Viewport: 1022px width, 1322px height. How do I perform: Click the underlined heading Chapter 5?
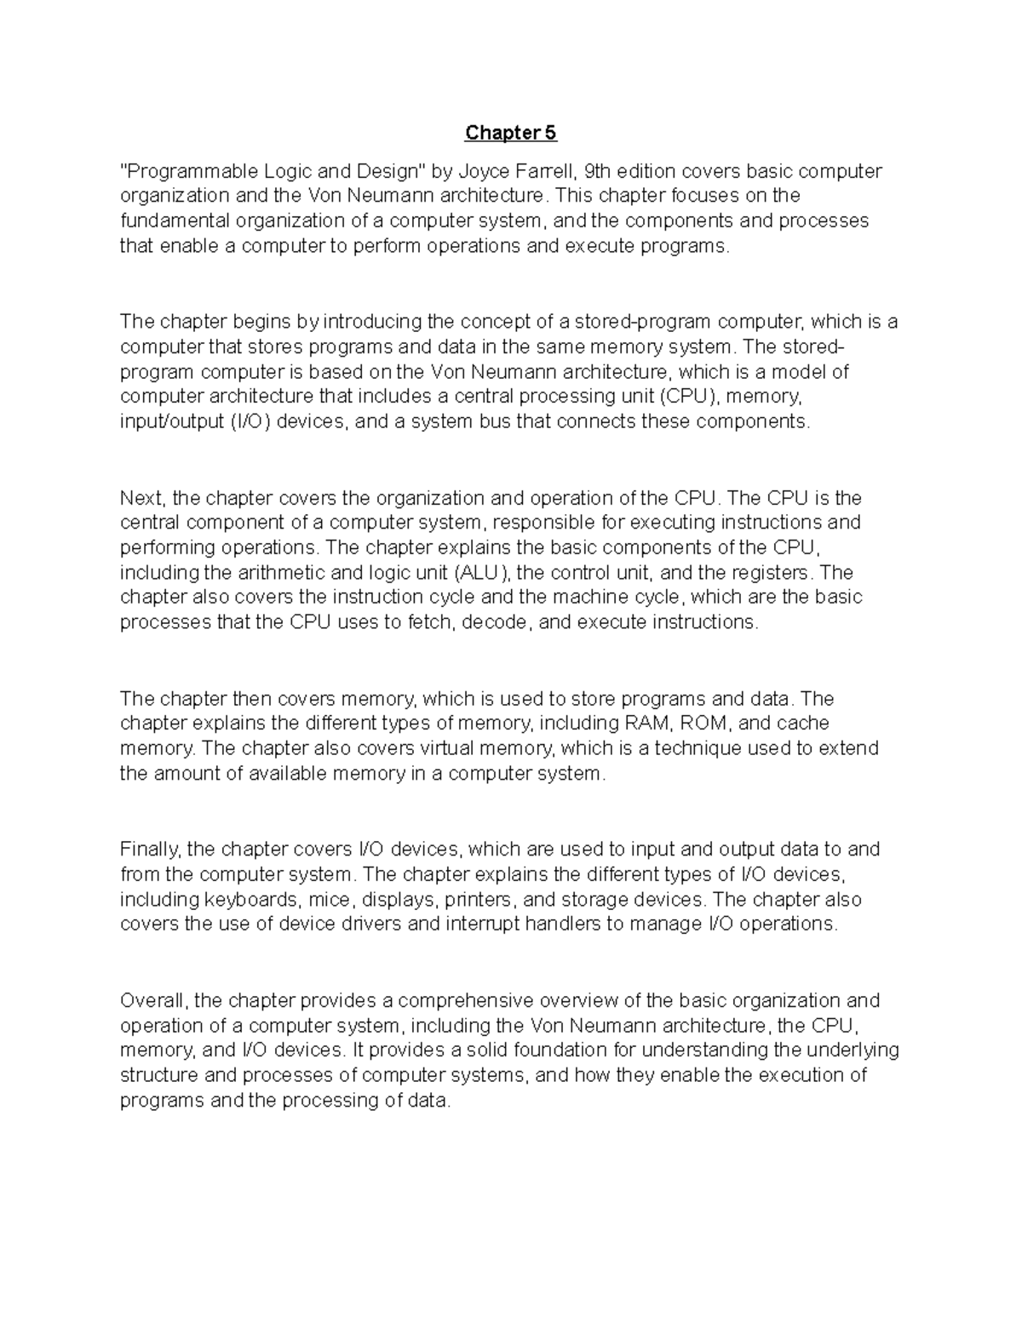pos(510,133)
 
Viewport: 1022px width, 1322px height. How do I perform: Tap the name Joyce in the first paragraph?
pos(485,171)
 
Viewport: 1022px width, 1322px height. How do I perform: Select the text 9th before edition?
pos(589,171)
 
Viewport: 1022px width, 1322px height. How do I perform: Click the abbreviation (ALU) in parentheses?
pos(481,572)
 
